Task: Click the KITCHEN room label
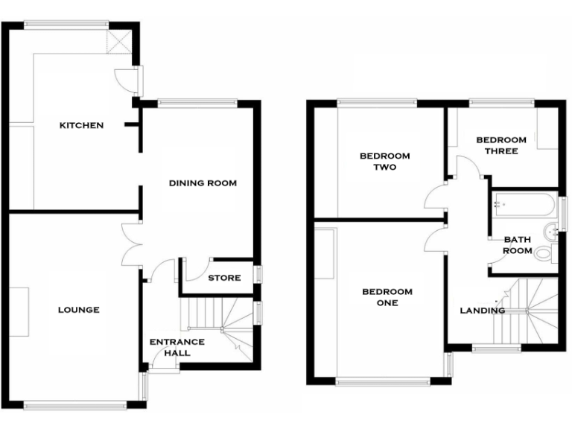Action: pyautogui.click(x=81, y=125)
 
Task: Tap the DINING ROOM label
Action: pyautogui.click(x=202, y=182)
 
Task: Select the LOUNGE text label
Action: pyautogui.click(x=79, y=310)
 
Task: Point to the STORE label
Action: pyautogui.click(x=224, y=278)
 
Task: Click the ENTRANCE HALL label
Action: pyautogui.click(x=177, y=347)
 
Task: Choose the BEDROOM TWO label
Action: pyautogui.click(x=385, y=162)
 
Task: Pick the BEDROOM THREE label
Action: pyautogui.click(x=501, y=145)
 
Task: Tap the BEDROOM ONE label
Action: pyautogui.click(x=387, y=297)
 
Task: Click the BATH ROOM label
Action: pyautogui.click(x=518, y=245)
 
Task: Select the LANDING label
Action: pyautogui.click(x=483, y=310)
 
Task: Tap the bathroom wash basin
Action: pyautogui.click(x=552, y=232)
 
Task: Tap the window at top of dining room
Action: pyautogui.click(x=197, y=103)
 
